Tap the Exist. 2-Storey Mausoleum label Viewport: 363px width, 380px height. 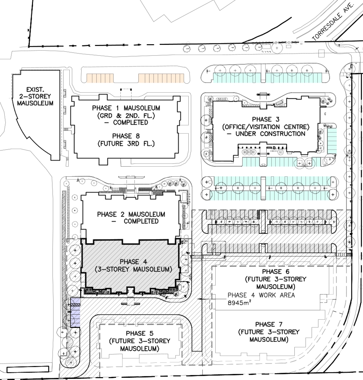click(35, 96)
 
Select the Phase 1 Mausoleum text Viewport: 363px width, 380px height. click(126, 108)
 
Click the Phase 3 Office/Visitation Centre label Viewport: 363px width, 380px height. click(266, 126)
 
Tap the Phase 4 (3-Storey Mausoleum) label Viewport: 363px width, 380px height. click(134, 266)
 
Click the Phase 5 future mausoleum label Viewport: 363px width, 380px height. click(140, 341)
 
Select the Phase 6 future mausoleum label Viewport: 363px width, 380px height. click(276, 279)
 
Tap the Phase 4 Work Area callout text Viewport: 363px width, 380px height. click(261, 295)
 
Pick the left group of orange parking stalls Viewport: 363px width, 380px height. click(100, 78)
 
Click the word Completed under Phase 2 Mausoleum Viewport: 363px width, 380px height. click(141, 221)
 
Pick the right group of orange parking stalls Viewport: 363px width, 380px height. click(161, 78)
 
